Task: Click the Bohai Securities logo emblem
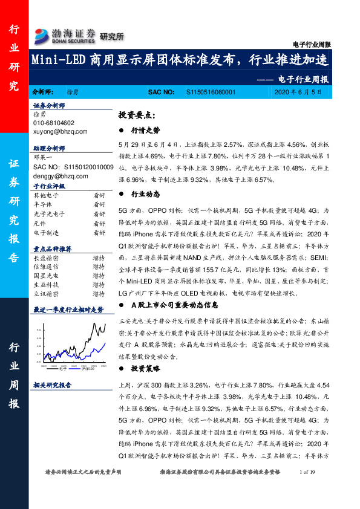(x=41, y=34)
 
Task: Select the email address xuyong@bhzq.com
(x=61, y=131)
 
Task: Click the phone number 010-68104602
(x=57, y=123)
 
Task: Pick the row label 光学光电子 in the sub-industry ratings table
(x=49, y=214)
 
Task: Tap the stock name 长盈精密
(x=45, y=258)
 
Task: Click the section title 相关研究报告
(x=52, y=385)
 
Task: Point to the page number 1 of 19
(x=309, y=471)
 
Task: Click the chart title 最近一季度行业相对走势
(x=68, y=309)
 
